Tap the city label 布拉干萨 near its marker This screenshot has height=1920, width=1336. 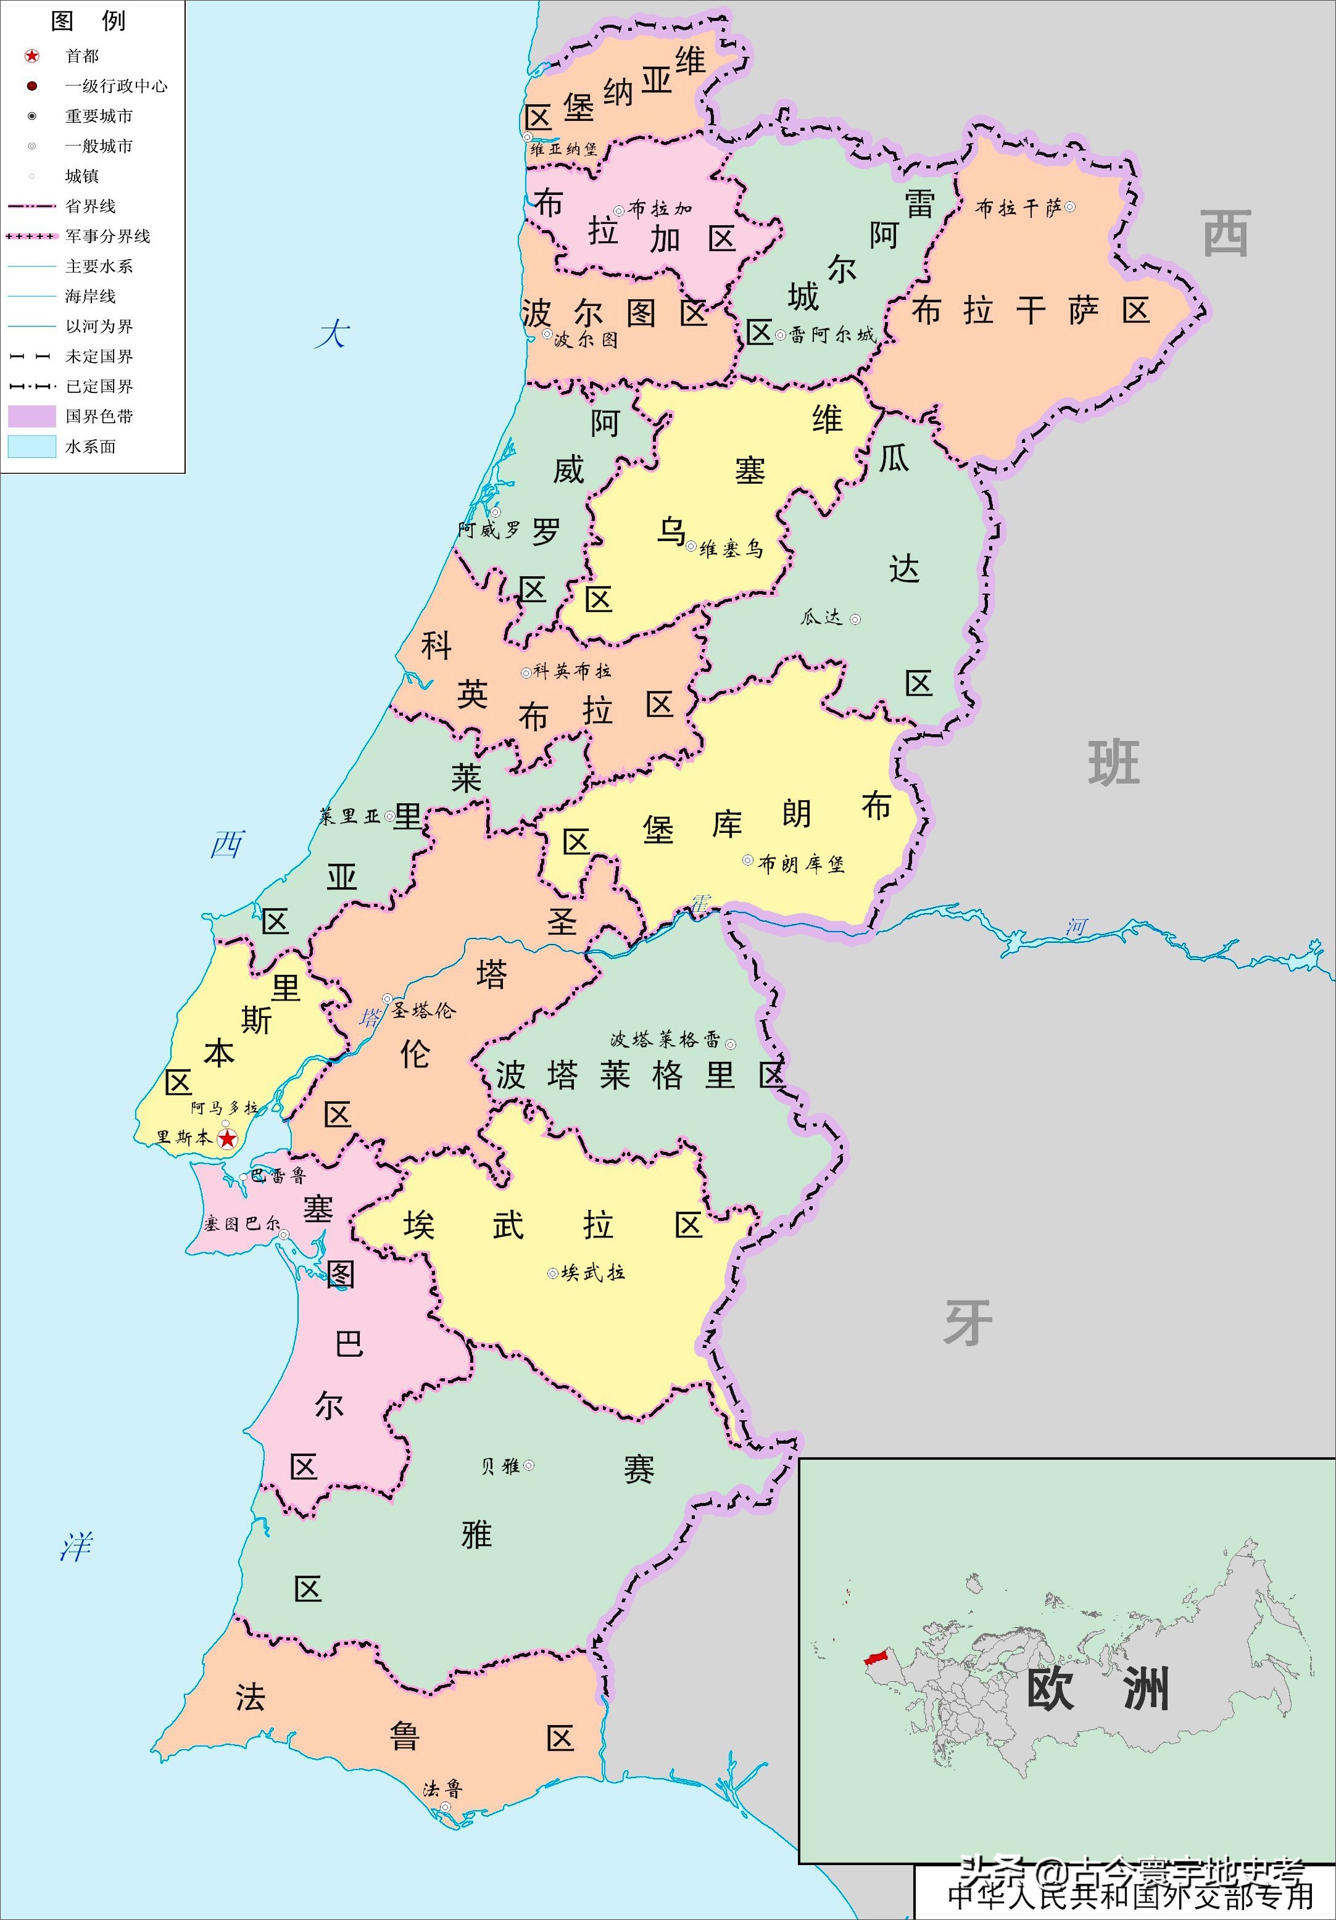pos(1018,207)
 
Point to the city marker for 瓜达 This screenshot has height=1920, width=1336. pos(855,619)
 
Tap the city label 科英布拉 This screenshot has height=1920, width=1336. pos(572,671)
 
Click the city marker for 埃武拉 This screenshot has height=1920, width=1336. pos(552,1273)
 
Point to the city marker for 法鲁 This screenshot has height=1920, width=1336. pos(445,1807)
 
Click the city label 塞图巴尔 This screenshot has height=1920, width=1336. pos(241,1224)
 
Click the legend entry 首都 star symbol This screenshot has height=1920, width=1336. pos(32,56)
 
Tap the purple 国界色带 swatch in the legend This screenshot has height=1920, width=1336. pos(32,416)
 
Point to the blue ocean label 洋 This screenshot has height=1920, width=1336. pos(75,1547)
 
